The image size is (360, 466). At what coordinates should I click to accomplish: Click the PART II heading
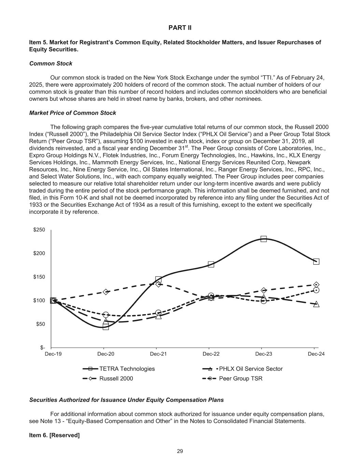pos(180,28)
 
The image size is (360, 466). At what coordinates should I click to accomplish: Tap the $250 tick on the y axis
pos(39,230)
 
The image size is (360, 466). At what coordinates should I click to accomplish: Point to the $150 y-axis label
pos(39,277)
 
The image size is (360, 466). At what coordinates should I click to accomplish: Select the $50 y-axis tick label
pos(41,324)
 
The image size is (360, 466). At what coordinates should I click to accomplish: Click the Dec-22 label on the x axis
pos(211,354)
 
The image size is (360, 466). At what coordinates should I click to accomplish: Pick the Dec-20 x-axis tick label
pos(106,354)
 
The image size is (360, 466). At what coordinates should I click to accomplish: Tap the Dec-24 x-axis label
pos(316,354)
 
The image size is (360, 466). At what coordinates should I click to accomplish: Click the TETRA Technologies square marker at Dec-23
pos(263,239)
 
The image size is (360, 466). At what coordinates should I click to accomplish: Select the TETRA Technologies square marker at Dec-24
pos(316,262)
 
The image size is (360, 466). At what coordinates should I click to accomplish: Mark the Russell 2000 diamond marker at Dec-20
pos(106,292)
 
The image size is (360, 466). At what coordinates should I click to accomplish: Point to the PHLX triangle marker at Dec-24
pos(316,304)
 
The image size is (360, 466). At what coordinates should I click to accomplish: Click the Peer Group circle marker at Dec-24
pos(316,290)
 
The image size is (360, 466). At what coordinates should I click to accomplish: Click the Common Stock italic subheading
pos(51,63)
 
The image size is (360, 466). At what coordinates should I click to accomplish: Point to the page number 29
pos(180,451)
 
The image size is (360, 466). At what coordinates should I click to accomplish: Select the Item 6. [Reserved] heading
pos(55,435)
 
